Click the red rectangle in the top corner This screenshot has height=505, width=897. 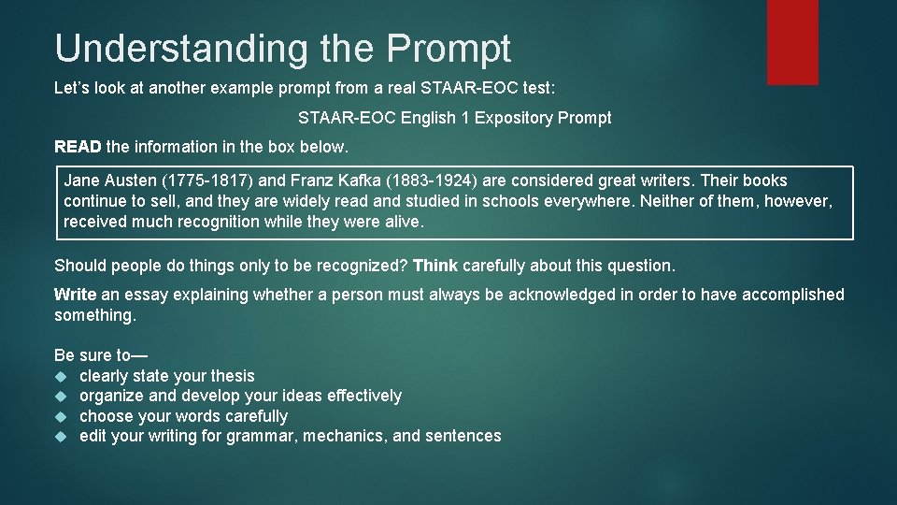[792, 42]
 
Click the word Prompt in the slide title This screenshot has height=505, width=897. [449, 49]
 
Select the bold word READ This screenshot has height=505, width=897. [78, 146]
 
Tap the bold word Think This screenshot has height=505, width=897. [435, 266]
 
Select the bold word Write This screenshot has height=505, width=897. [76, 295]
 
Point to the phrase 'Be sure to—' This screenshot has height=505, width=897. [101, 355]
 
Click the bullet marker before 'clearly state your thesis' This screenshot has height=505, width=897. [61, 376]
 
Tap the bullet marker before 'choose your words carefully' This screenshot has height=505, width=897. [61, 416]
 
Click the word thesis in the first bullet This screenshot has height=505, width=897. [233, 376]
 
